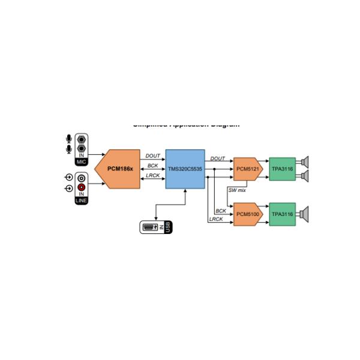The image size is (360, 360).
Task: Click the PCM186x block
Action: [119, 169]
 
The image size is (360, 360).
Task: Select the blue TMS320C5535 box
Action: [185, 169]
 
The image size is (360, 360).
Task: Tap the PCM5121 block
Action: [248, 169]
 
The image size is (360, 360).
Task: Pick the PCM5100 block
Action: [248, 214]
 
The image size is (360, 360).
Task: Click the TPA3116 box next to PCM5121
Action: [282, 169]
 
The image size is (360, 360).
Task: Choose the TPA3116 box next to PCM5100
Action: [282, 214]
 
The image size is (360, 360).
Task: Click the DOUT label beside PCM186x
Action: [153, 156]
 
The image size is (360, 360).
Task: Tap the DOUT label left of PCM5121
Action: [218, 159]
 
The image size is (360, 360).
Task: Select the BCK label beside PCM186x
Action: [153, 166]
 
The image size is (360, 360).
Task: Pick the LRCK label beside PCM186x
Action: [153, 175]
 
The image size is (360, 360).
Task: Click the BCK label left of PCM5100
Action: [221, 211]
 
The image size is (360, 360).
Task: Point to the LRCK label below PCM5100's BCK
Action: [216, 220]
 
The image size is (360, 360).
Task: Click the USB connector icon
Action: [152, 227]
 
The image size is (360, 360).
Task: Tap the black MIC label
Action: [82, 162]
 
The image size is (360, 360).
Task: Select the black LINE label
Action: [82, 200]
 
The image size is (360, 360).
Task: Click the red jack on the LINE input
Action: [82, 188]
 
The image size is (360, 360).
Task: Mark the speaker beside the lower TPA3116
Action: [304, 214]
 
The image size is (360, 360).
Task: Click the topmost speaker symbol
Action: [304, 162]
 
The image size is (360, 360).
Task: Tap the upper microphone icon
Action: [68, 139]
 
